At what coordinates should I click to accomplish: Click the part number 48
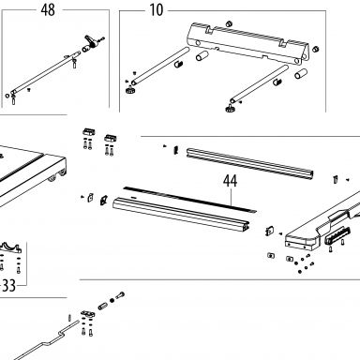(48, 10)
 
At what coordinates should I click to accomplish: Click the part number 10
(157, 10)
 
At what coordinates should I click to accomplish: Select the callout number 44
(230, 181)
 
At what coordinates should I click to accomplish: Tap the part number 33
(8, 285)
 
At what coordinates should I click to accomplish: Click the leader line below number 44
(231, 197)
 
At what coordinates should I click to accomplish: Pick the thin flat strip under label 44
(189, 200)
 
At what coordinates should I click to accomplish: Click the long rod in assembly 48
(45, 72)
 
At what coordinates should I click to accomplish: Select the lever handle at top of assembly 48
(91, 41)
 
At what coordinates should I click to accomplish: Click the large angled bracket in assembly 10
(247, 43)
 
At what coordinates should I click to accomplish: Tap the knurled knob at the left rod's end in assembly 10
(129, 90)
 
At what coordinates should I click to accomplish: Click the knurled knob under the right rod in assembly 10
(230, 108)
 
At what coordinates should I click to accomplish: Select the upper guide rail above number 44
(250, 163)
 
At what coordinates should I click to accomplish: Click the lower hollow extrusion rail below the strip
(181, 214)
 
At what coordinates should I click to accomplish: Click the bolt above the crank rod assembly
(120, 294)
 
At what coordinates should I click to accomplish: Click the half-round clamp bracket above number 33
(9, 247)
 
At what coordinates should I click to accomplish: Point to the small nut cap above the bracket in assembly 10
(229, 23)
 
